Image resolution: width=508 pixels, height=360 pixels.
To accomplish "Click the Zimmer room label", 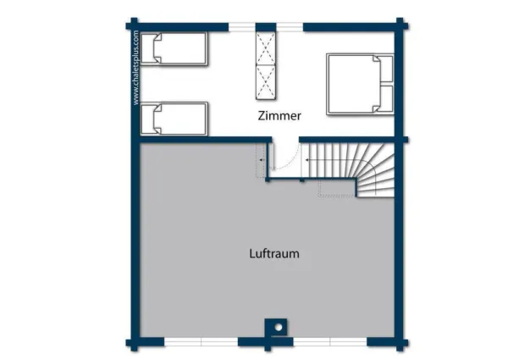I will click(x=279, y=117).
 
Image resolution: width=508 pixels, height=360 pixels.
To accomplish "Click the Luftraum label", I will click(x=274, y=253).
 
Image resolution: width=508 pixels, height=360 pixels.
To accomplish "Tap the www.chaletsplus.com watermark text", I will click(x=135, y=68).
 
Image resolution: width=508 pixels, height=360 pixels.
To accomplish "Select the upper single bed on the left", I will click(x=174, y=49).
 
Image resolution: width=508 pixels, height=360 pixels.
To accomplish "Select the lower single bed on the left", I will click(x=174, y=119).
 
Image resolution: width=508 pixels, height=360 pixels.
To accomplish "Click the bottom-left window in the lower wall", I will click(x=201, y=342).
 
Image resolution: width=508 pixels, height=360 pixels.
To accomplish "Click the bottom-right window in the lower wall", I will click(x=329, y=342).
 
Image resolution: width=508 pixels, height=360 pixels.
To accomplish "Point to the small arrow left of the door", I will click(x=262, y=158).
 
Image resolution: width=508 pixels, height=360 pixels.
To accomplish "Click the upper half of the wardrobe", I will click(x=268, y=47).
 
